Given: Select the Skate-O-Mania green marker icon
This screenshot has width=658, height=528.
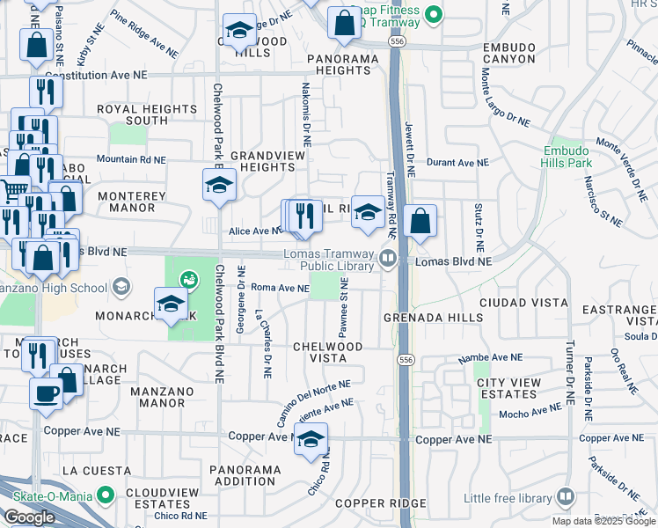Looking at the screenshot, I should coord(106,496).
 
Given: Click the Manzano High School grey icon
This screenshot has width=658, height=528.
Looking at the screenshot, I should coord(121,287).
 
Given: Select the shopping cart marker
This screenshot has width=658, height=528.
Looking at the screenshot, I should coord(13,189).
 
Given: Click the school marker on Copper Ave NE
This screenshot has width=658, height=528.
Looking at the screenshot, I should coord(311,440).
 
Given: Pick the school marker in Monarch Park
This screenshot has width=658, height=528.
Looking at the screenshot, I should coord(171,304).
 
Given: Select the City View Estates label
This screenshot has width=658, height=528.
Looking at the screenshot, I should coord(507,390).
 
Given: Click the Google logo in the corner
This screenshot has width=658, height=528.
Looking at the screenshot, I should coord(29,517).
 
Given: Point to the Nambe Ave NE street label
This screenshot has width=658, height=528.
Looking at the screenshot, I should coord(492,359).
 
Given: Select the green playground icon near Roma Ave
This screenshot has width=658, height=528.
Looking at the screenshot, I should coord(188,281).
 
